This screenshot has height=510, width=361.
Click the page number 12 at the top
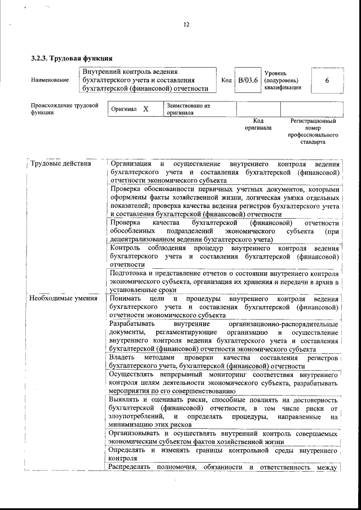[187, 24]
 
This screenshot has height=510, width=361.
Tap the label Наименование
[50, 80]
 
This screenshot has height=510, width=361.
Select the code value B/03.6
[248, 80]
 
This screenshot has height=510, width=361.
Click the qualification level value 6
[327, 80]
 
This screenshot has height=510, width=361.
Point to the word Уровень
[275, 73]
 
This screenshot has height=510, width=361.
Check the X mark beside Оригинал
[146, 109]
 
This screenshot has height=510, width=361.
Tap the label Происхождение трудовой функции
[65, 109]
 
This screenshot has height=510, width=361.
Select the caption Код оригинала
[258, 124]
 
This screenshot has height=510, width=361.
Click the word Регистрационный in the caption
[313, 121]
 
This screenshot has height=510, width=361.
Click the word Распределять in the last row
[133, 467]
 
